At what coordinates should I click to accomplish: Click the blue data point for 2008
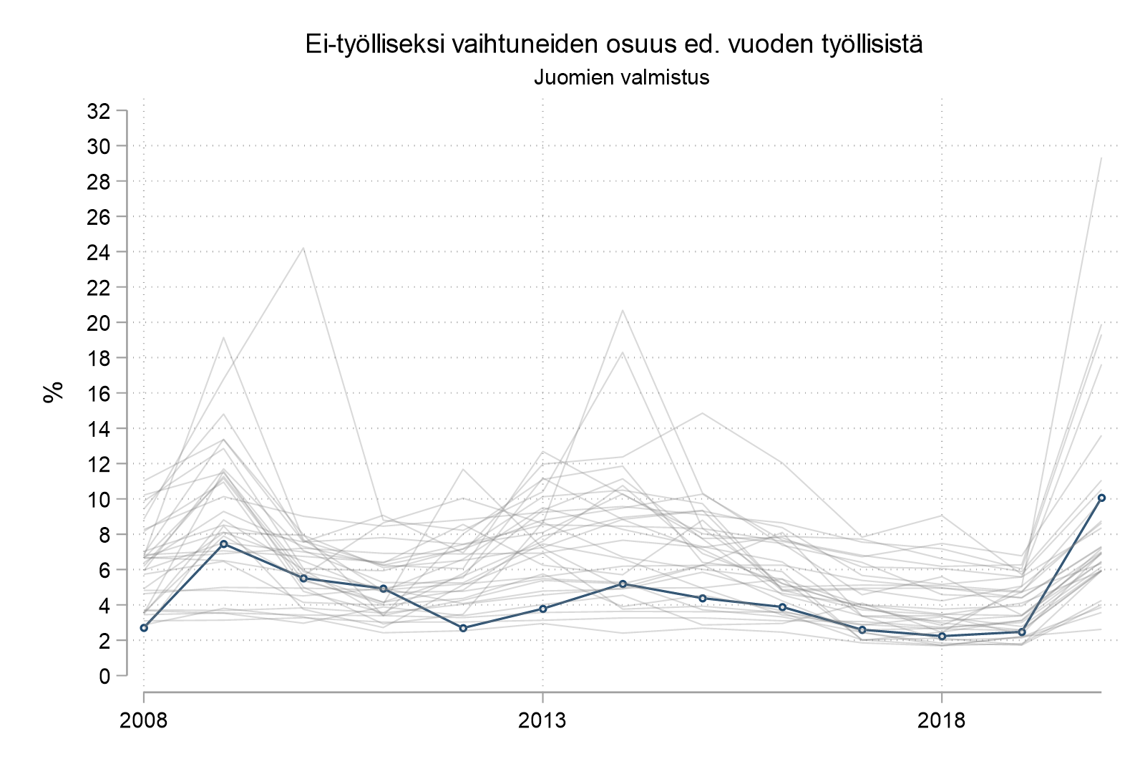pyautogui.click(x=144, y=627)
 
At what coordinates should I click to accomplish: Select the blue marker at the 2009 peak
pyautogui.click(x=224, y=543)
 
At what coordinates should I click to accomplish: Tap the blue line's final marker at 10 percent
pyautogui.click(x=1101, y=497)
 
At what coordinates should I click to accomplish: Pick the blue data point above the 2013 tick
pyautogui.click(x=543, y=609)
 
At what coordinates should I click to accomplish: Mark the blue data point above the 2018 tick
pyautogui.click(x=942, y=636)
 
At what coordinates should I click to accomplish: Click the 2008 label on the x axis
pyautogui.click(x=144, y=720)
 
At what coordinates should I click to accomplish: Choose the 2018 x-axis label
pyautogui.click(x=942, y=720)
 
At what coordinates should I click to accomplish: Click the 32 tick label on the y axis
pyautogui.click(x=98, y=111)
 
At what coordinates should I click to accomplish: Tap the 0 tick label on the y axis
pyautogui.click(x=104, y=676)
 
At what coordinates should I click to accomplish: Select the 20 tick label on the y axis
pyautogui.click(x=98, y=323)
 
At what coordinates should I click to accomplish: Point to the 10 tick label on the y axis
pyautogui.click(x=98, y=499)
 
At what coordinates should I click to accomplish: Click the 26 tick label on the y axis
pyautogui.click(x=98, y=217)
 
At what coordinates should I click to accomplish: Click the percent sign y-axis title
pyautogui.click(x=53, y=392)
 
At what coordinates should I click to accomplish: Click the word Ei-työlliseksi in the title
pyautogui.click(x=364, y=44)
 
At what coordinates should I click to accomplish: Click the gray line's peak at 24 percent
pyautogui.click(x=303, y=248)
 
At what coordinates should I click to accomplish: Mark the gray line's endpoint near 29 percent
pyautogui.click(x=1101, y=158)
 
